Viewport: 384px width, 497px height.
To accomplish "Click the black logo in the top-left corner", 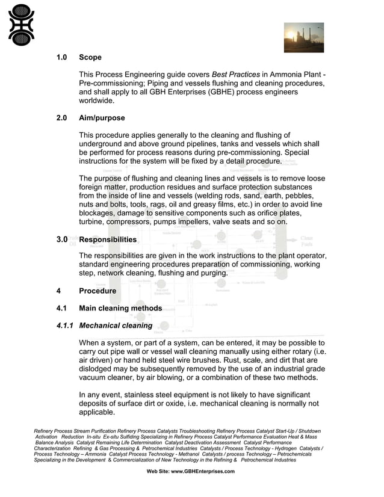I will (x=22, y=25).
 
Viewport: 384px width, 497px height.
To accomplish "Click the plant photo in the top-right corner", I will (x=303, y=37).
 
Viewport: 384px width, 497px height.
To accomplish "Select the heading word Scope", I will (x=90, y=58).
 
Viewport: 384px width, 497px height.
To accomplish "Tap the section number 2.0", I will (x=61, y=118).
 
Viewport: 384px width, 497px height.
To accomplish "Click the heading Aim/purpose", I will (x=102, y=118).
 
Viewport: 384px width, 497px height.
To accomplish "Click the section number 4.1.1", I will (x=64, y=326).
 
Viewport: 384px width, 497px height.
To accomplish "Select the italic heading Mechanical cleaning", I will (x=116, y=326).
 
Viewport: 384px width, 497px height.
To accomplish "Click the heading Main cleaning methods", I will (x=120, y=308).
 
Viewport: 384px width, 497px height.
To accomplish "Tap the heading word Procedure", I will (x=98, y=291).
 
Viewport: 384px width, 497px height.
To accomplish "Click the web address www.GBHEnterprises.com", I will (x=190, y=472).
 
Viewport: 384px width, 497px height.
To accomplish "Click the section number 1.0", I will (x=61, y=58).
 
